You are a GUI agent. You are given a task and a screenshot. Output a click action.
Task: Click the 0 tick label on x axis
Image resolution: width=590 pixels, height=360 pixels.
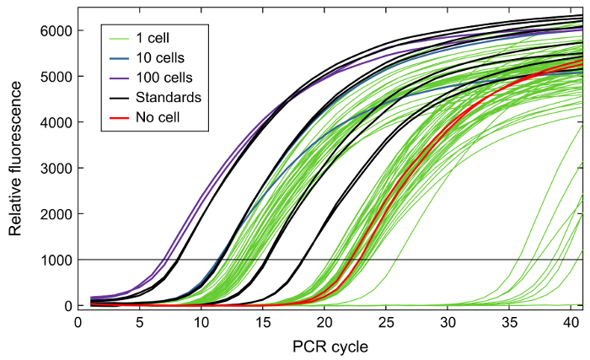[x=78, y=321]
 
